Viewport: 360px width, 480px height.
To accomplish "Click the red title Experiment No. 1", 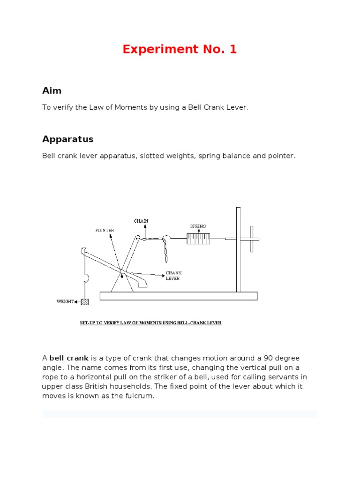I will pos(180,49).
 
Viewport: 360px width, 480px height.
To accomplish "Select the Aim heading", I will pos(52,90).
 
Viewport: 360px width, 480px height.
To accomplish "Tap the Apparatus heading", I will pos(67,139).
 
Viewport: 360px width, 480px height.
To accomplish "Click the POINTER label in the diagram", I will pos(105,230).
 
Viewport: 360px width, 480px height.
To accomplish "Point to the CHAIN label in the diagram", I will pos(141,221).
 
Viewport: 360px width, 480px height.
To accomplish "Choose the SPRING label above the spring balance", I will pos(198,226).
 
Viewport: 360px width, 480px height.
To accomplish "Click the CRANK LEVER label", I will pos(173,275).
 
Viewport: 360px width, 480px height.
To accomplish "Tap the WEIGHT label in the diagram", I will pos(66,301).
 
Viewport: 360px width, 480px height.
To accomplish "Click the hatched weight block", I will pos(84,301).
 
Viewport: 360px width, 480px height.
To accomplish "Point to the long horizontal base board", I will pos(178,296).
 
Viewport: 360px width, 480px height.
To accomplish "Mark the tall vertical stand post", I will pos(238,248).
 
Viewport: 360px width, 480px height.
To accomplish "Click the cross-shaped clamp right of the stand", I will pos(252,239).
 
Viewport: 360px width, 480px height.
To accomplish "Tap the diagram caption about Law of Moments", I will pos(149,323).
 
